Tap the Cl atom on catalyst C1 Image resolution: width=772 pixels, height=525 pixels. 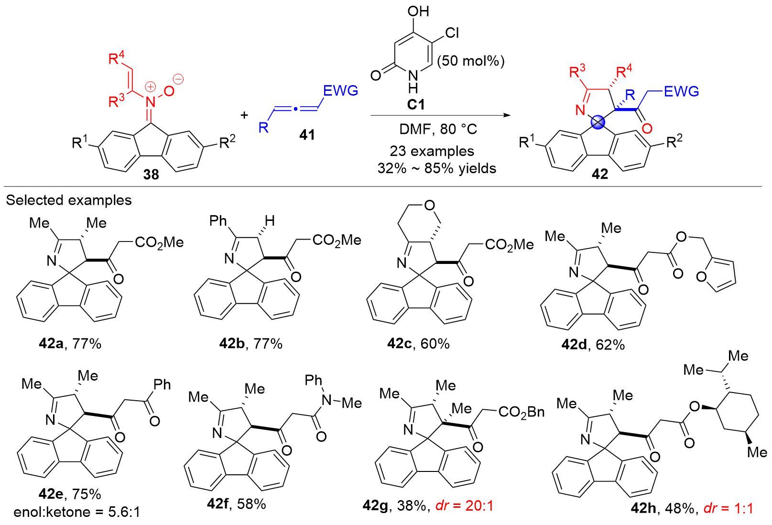point(452,33)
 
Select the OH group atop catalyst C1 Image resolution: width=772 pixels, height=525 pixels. point(418,11)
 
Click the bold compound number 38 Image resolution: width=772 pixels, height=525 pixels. point(152,175)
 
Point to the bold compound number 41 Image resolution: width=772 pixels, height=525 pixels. point(307,135)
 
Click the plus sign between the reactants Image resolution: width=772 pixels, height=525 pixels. point(244,115)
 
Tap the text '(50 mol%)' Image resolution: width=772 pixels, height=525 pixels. point(470,61)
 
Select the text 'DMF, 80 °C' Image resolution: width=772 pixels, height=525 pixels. point(438,129)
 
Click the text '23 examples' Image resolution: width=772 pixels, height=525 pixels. point(432,151)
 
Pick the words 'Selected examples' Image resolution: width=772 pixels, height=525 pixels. point(69,200)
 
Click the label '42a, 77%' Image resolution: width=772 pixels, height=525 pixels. point(70,344)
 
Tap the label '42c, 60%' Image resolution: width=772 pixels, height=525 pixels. point(418,344)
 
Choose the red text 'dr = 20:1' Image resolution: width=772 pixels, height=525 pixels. point(465,506)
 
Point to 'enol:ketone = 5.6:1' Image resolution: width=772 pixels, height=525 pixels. point(77,513)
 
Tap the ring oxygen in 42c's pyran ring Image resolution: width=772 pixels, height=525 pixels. point(429,206)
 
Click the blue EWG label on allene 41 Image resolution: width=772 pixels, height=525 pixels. point(340,91)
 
